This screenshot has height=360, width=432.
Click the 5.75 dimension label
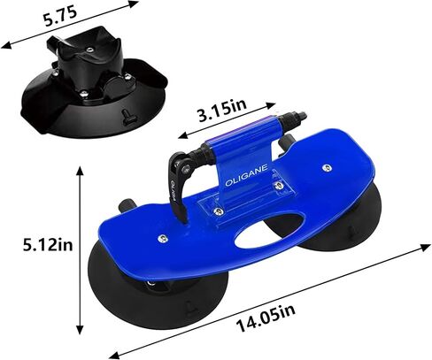[60, 16]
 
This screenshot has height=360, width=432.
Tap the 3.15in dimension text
[222, 110]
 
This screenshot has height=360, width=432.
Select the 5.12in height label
[48, 244]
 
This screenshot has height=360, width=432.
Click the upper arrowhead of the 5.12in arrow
[80, 171]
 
